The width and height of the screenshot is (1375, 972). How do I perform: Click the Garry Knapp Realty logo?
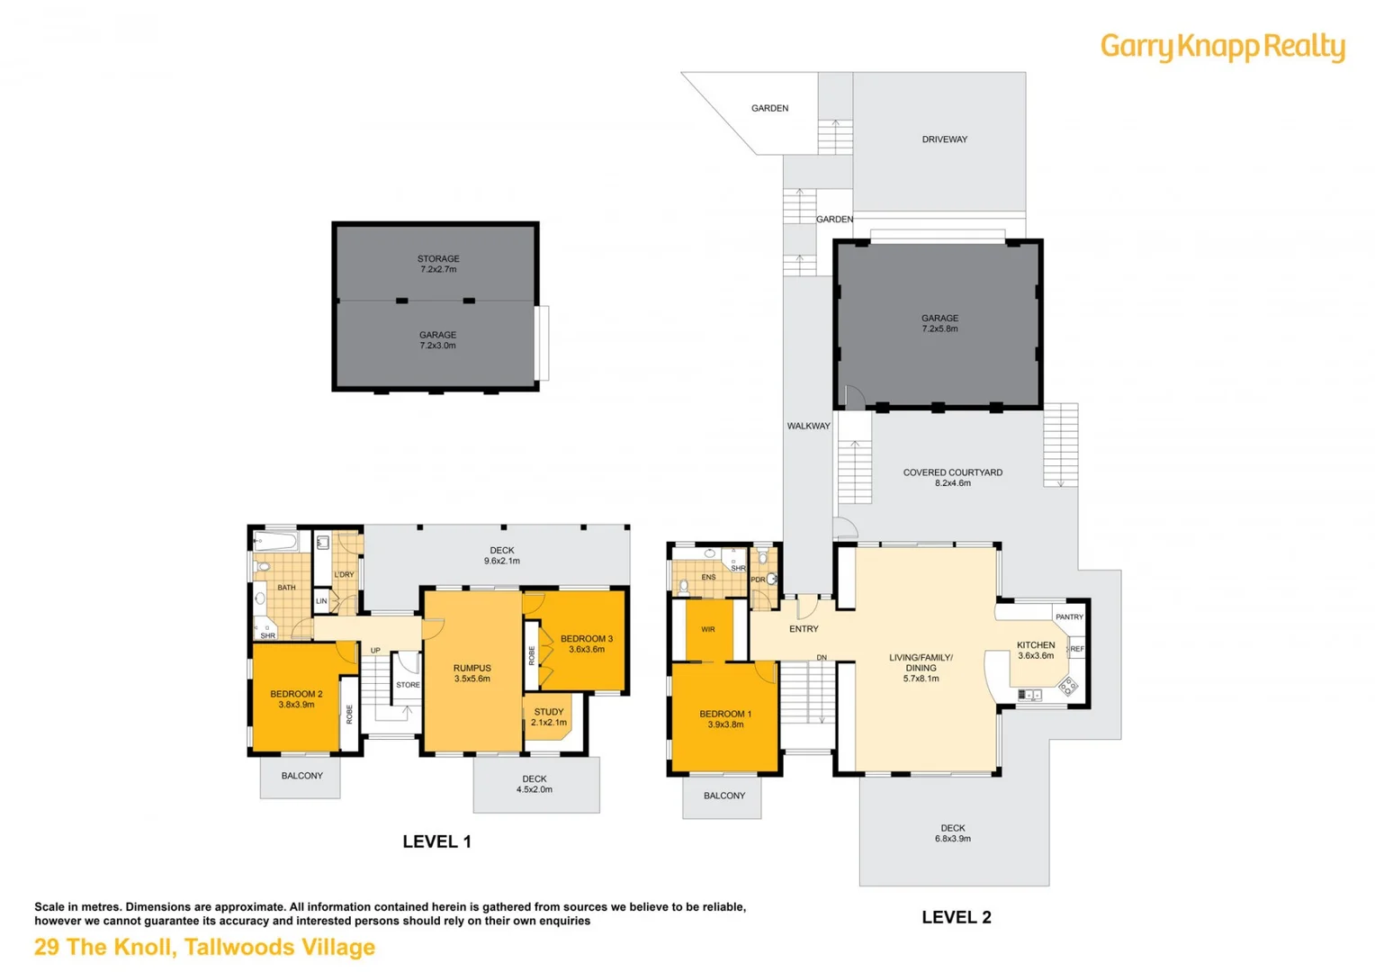1222,48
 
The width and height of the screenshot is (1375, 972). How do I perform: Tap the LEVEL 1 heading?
436,841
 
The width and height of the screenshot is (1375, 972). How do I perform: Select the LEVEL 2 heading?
957,917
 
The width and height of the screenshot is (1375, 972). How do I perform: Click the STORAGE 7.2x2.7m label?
438,264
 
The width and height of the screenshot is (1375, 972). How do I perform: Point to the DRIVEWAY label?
944,139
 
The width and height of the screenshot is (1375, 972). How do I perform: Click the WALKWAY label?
808,426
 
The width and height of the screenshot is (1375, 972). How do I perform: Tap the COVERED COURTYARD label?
953,478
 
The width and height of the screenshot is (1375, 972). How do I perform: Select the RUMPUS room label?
472,673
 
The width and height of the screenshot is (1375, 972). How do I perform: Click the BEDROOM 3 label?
586,643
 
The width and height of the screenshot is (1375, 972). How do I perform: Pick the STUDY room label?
549,716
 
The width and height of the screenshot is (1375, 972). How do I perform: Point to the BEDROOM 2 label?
296,698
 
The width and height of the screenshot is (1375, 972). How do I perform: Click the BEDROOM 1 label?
725,718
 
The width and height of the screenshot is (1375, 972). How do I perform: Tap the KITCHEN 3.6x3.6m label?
1036,650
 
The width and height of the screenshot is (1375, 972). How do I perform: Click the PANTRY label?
1069,616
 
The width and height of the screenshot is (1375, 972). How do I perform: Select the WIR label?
708,629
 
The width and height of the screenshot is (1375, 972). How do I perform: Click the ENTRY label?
804,629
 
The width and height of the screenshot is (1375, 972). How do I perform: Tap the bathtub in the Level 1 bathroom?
275,542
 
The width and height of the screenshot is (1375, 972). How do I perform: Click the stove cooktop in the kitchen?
1067,686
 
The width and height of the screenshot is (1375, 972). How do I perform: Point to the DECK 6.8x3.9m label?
953,833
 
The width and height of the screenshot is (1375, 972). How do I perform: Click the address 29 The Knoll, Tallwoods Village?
204,947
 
